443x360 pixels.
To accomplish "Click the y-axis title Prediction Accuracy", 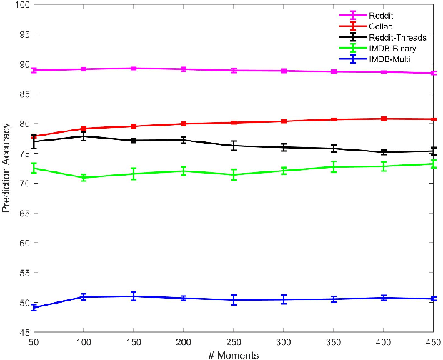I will click(8, 168).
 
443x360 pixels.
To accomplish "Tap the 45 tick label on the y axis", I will click(24, 332).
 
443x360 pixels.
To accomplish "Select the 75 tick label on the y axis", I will click(24, 154).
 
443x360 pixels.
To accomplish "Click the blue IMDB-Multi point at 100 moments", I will click(84, 296).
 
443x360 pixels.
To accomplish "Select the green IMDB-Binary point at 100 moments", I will click(84, 177).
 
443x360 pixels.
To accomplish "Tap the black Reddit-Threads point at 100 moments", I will click(84, 136).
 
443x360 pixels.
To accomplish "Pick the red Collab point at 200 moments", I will click(184, 124).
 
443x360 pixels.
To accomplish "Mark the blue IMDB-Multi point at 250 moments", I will click(234, 300).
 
